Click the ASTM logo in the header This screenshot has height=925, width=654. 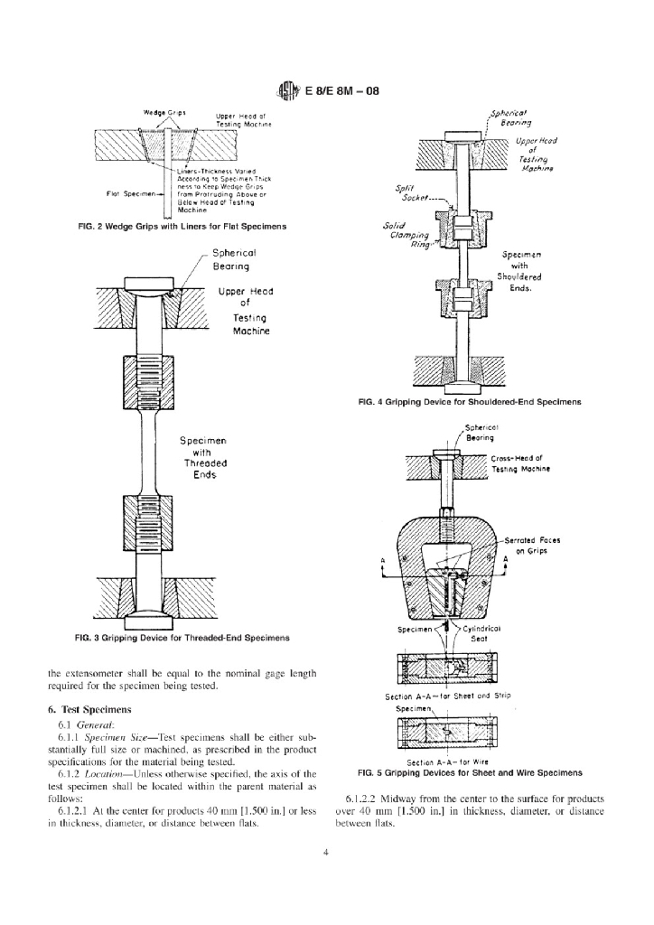coord(287,91)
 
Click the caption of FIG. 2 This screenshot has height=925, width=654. coord(183,225)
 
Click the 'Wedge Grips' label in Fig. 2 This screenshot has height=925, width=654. coord(165,113)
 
